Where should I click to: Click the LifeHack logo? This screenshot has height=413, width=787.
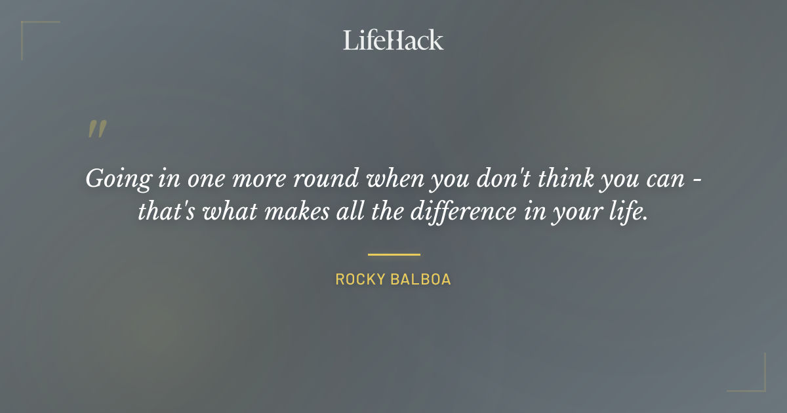point(393,40)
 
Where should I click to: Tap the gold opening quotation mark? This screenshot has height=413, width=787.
point(96,129)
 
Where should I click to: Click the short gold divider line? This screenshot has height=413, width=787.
point(393,254)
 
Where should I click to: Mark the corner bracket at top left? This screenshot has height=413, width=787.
point(26,27)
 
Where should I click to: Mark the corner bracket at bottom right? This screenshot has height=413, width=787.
point(760,386)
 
